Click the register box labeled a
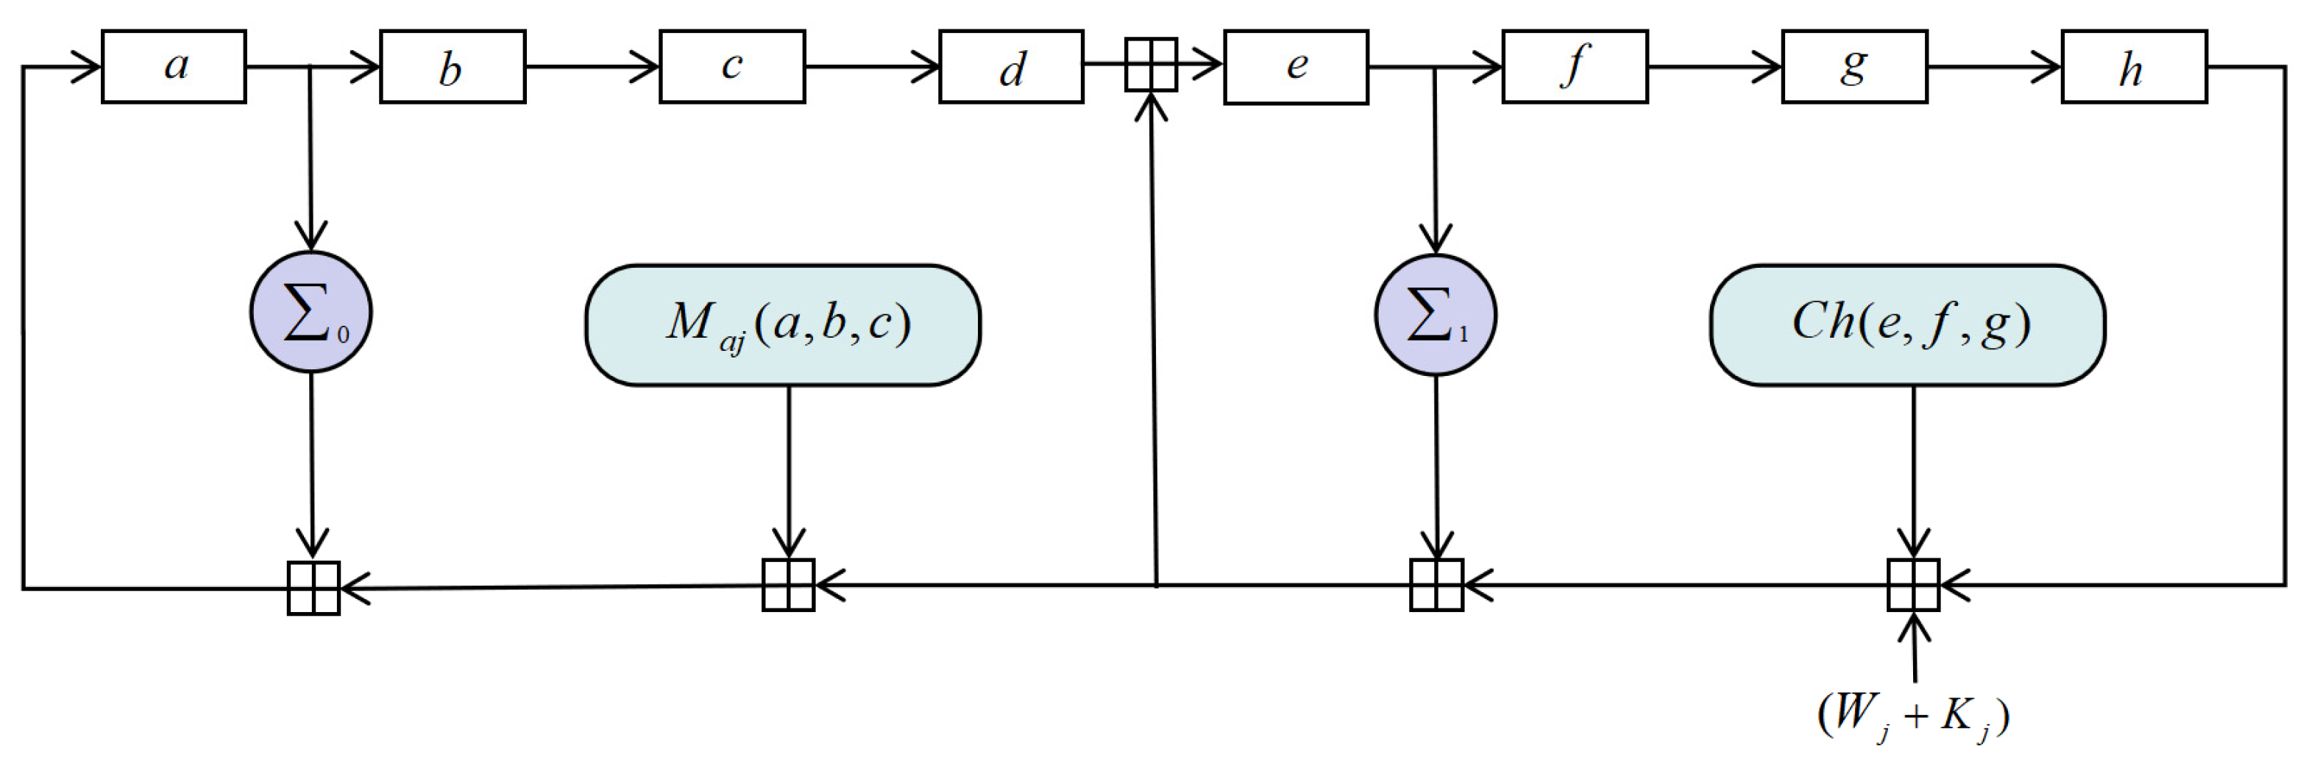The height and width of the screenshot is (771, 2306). (x=174, y=67)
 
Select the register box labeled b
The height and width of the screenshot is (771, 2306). (x=452, y=67)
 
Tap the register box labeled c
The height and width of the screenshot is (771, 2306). (x=732, y=67)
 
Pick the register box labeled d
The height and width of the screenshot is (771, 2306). (x=1011, y=67)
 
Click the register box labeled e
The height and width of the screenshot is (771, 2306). (x=1295, y=67)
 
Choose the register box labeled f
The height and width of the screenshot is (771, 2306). (x=1575, y=67)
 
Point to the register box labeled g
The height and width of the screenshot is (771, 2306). (x=1854, y=67)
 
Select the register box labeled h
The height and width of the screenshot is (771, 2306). (x=2134, y=67)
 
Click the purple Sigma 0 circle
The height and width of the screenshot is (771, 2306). (x=311, y=313)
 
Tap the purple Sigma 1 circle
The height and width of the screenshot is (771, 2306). (x=1435, y=315)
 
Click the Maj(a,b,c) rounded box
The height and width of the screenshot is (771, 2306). (x=782, y=325)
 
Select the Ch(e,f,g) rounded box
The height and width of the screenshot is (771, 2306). (x=1906, y=325)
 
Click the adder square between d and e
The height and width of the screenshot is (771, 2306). (x=1150, y=65)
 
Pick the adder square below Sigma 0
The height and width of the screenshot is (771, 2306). (x=313, y=589)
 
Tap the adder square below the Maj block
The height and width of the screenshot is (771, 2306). (x=788, y=585)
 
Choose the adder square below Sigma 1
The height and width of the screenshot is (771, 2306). (x=1436, y=585)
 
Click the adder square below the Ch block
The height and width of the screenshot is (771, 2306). (x=1913, y=585)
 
